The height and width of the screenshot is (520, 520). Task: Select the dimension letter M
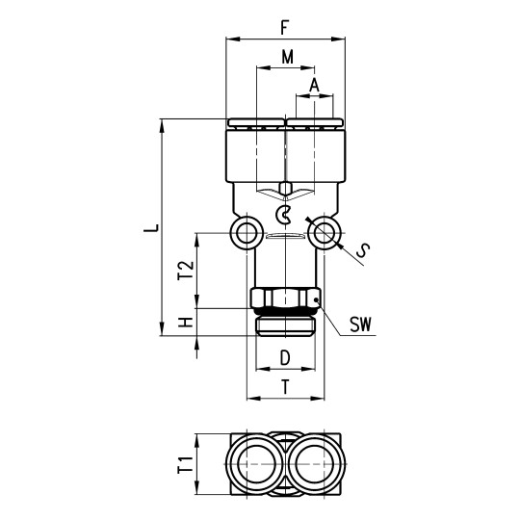(286, 57)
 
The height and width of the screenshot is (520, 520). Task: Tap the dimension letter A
(315, 85)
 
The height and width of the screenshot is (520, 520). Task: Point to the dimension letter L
(147, 229)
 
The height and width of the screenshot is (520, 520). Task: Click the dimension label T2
(187, 272)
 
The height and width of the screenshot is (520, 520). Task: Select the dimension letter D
(285, 359)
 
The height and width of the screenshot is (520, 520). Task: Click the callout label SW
(361, 327)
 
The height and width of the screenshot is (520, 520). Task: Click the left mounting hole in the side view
(247, 232)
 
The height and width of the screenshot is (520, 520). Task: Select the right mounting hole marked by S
(325, 232)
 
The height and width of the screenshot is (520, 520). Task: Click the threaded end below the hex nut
(285, 325)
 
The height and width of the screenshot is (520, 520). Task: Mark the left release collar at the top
(256, 123)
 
